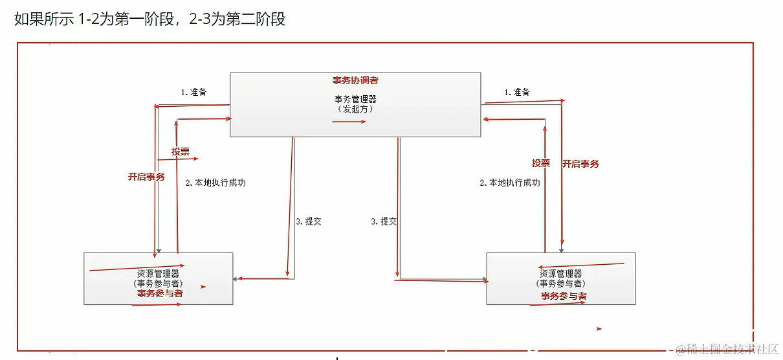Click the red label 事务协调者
coord(355,80)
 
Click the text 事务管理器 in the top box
coord(355,99)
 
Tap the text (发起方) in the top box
coord(355,109)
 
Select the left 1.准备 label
coord(193,92)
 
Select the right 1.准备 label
coord(517,92)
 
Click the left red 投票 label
coord(181,152)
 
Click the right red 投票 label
coord(541,163)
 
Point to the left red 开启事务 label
coord(146,177)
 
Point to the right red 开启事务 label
coord(580,164)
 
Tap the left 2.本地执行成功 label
coord(215,183)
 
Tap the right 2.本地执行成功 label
coord(510,183)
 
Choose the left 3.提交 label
coord(308,221)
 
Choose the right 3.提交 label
coord(384,221)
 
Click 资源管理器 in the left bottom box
coord(159,273)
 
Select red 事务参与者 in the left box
coord(159,293)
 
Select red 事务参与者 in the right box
coord(564,296)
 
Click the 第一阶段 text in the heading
coord(146,19)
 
